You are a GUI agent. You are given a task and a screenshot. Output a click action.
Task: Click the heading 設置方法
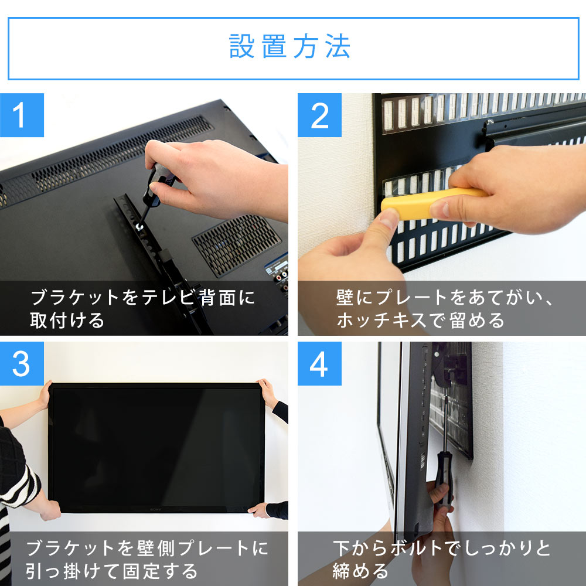coord(290,47)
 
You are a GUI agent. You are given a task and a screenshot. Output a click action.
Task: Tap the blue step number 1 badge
coord(22,115)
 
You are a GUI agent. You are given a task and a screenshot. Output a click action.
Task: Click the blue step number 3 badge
coord(22,364)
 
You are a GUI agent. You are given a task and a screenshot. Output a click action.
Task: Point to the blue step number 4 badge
coord(319,364)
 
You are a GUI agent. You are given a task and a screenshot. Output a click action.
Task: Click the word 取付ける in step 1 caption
coord(67,321)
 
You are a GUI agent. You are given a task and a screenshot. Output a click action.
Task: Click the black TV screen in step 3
coord(157,445)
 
